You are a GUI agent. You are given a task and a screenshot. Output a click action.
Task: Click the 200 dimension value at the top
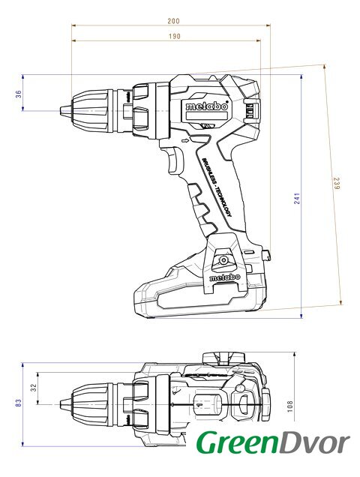(173, 21)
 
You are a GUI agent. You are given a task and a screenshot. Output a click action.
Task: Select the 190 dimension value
(175, 37)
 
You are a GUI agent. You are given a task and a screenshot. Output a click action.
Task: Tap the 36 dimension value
(19, 94)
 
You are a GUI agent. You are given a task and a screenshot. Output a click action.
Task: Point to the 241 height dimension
(297, 198)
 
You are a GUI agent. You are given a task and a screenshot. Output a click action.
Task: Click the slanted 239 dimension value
(336, 184)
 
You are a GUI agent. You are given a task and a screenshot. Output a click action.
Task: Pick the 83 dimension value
(19, 403)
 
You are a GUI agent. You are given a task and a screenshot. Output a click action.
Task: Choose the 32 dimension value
(34, 388)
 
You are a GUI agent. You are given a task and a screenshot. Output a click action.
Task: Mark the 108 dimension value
(290, 406)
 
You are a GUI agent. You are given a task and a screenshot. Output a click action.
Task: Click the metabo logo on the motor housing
(207, 106)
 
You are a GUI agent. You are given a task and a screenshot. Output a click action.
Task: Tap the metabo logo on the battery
(224, 277)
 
